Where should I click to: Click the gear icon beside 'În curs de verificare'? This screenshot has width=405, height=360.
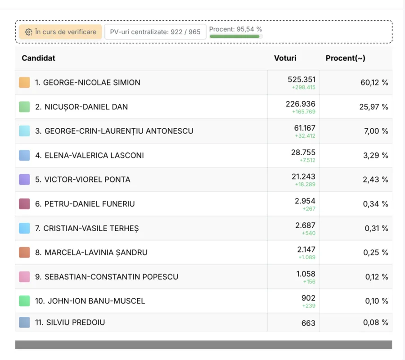point(29,32)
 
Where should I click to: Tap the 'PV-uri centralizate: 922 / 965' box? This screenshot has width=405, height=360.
point(155,32)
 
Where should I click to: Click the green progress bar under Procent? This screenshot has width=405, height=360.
point(234,36)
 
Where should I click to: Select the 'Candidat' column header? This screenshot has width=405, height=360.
point(39,58)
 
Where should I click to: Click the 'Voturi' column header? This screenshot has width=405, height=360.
point(285,58)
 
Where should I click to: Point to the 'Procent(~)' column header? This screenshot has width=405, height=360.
point(345,58)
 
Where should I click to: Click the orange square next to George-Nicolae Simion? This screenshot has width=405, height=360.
point(24,82)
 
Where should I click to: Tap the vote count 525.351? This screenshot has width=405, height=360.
point(301,80)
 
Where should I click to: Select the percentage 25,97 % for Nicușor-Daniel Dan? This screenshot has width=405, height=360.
point(373,107)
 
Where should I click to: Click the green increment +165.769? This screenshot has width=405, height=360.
point(303,112)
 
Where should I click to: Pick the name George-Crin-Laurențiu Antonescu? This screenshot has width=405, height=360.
point(119,131)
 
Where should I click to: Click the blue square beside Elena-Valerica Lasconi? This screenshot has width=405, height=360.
point(24,155)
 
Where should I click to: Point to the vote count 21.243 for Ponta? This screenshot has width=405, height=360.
point(303,177)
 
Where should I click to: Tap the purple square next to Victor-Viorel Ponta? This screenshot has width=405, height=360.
point(24,180)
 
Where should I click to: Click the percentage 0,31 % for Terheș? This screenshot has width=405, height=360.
point(376,228)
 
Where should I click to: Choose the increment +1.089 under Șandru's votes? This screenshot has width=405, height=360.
point(307,257)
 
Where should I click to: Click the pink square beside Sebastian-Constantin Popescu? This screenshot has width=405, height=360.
point(24,277)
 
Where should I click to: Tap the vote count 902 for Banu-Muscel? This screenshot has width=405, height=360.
point(308,298)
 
